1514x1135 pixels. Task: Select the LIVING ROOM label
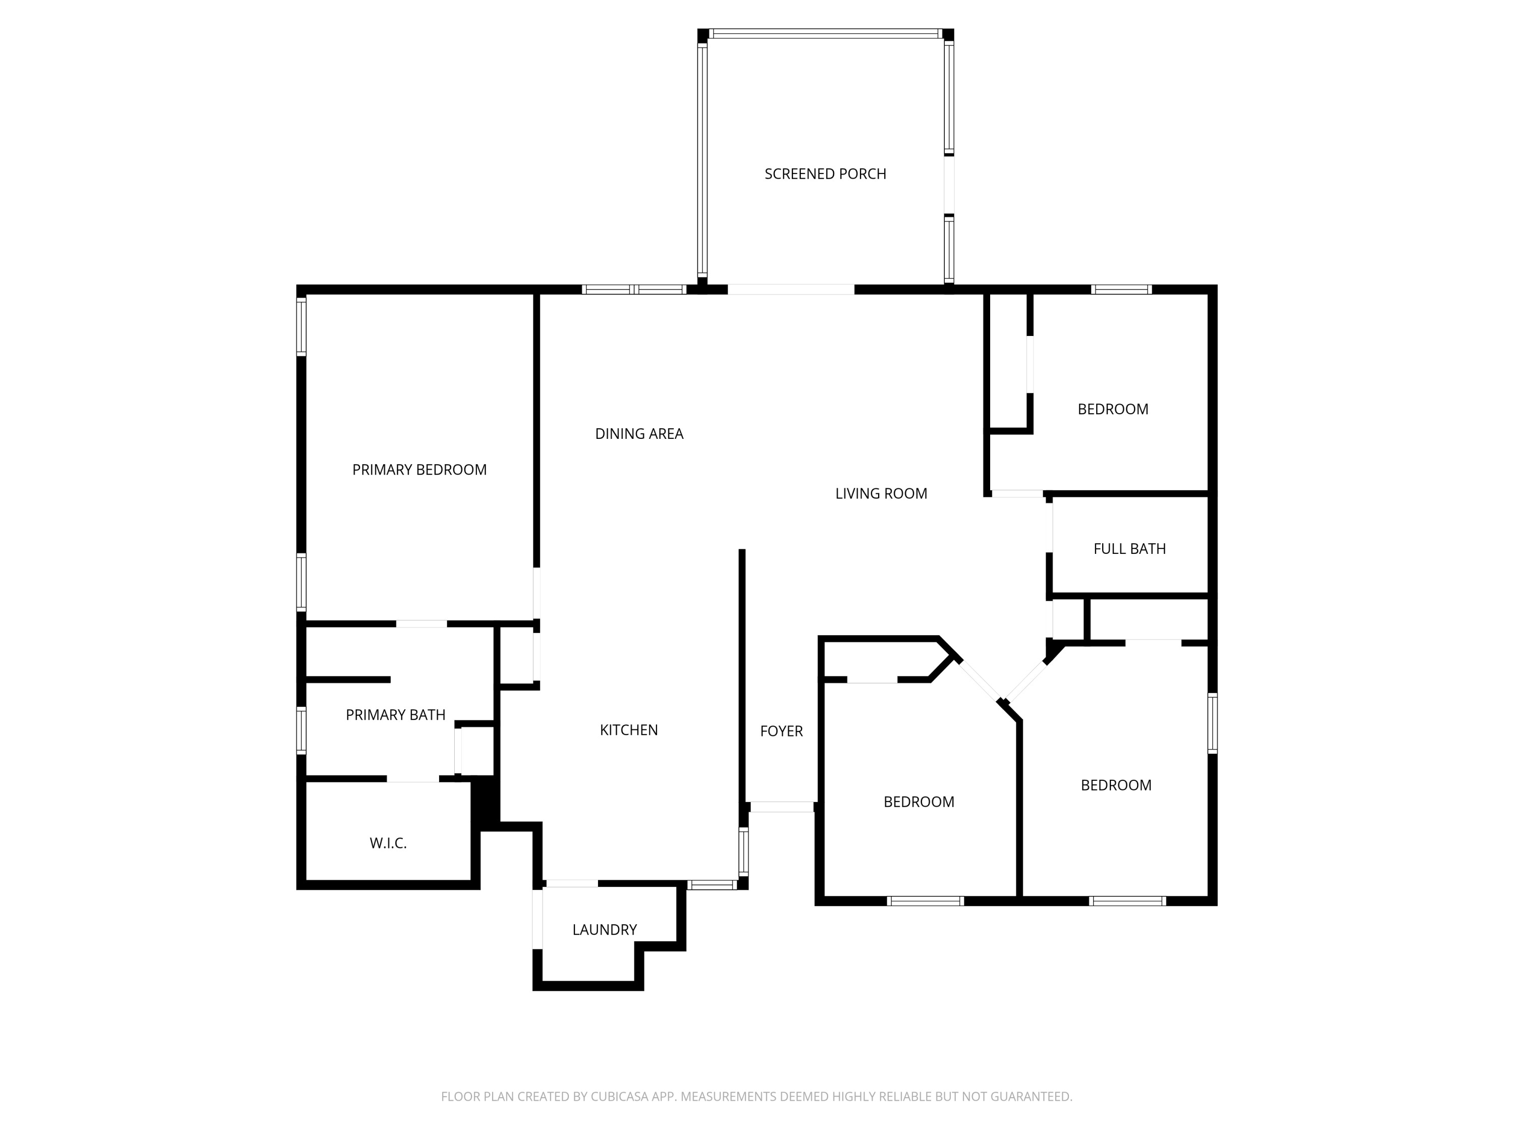tap(881, 493)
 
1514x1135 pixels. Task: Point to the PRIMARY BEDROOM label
tap(419, 469)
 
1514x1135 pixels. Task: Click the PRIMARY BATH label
tap(395, 715)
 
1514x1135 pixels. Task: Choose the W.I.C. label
tap(388, 843)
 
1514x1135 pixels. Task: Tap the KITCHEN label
tap(628, 730)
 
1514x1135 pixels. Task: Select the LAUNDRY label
tap(605, 929)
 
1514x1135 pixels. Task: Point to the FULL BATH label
tap(1129, 549)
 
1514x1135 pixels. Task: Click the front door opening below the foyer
tap(782, 807)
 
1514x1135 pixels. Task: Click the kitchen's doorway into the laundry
tap(571, 883)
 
